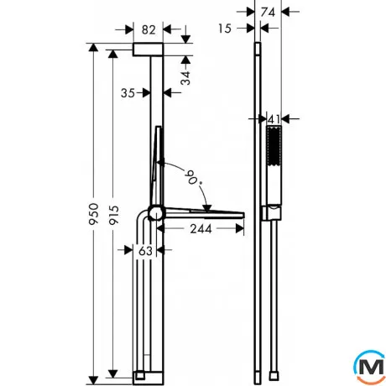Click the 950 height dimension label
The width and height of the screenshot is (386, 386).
click(94, 214)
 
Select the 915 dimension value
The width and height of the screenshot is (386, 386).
click(114, 215)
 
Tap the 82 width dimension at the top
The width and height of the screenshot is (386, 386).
click(149, 29)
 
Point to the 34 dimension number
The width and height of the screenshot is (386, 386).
click(185, 78)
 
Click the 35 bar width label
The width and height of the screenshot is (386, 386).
click(128, 93)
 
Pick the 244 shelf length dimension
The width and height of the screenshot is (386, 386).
click(201, 229)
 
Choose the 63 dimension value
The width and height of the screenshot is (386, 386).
click(145, 251)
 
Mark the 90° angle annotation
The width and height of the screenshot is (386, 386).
click(194, 178)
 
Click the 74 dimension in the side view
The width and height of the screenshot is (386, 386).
click(268, 12)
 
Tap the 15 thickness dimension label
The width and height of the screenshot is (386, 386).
click(225, 29)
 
